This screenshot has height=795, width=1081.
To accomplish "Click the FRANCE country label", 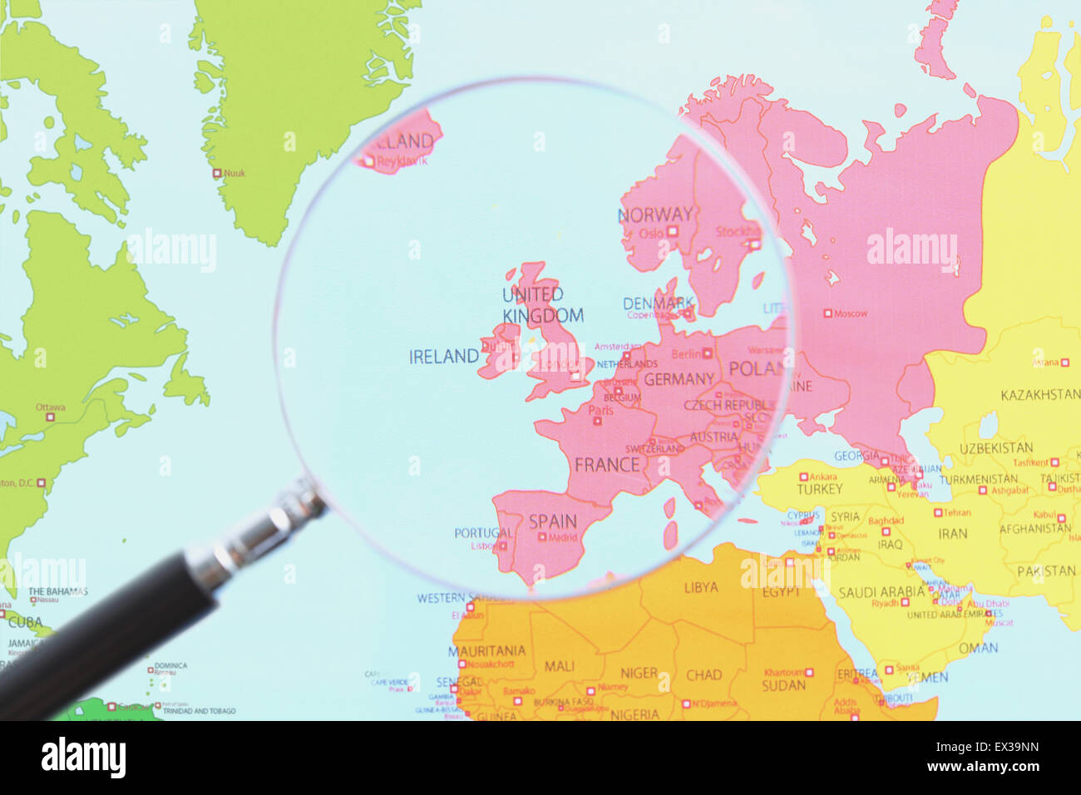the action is tap(607, 465).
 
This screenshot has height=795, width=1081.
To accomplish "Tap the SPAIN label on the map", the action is tap(553, 521).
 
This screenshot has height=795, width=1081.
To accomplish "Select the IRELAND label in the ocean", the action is tap(443, 357).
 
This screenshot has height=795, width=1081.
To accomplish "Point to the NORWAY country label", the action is tap(655, 215).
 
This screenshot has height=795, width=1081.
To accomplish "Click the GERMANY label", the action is tap(679, 379).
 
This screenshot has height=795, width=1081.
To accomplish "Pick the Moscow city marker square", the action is tap(827, 314).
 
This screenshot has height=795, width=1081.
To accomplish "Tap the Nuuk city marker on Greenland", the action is tap(217, 174).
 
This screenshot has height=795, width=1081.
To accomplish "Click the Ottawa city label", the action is tap(50, 407).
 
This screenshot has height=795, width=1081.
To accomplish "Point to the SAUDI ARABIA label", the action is tap(881, 592).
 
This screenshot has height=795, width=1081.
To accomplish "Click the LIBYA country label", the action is tap(700, 587).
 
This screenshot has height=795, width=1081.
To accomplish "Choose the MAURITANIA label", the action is tap(486, 650).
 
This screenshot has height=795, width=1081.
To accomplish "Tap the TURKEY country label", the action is tap(819, 489).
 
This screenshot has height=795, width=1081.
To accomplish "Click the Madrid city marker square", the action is tap(542, 537).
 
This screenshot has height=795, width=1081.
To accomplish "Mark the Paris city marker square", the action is tap(597, 421).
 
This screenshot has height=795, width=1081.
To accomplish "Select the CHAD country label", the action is tap(703, 674).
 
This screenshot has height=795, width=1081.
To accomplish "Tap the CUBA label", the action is tap(24, 621).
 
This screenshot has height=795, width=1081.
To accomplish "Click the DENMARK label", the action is tap(658, 304).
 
